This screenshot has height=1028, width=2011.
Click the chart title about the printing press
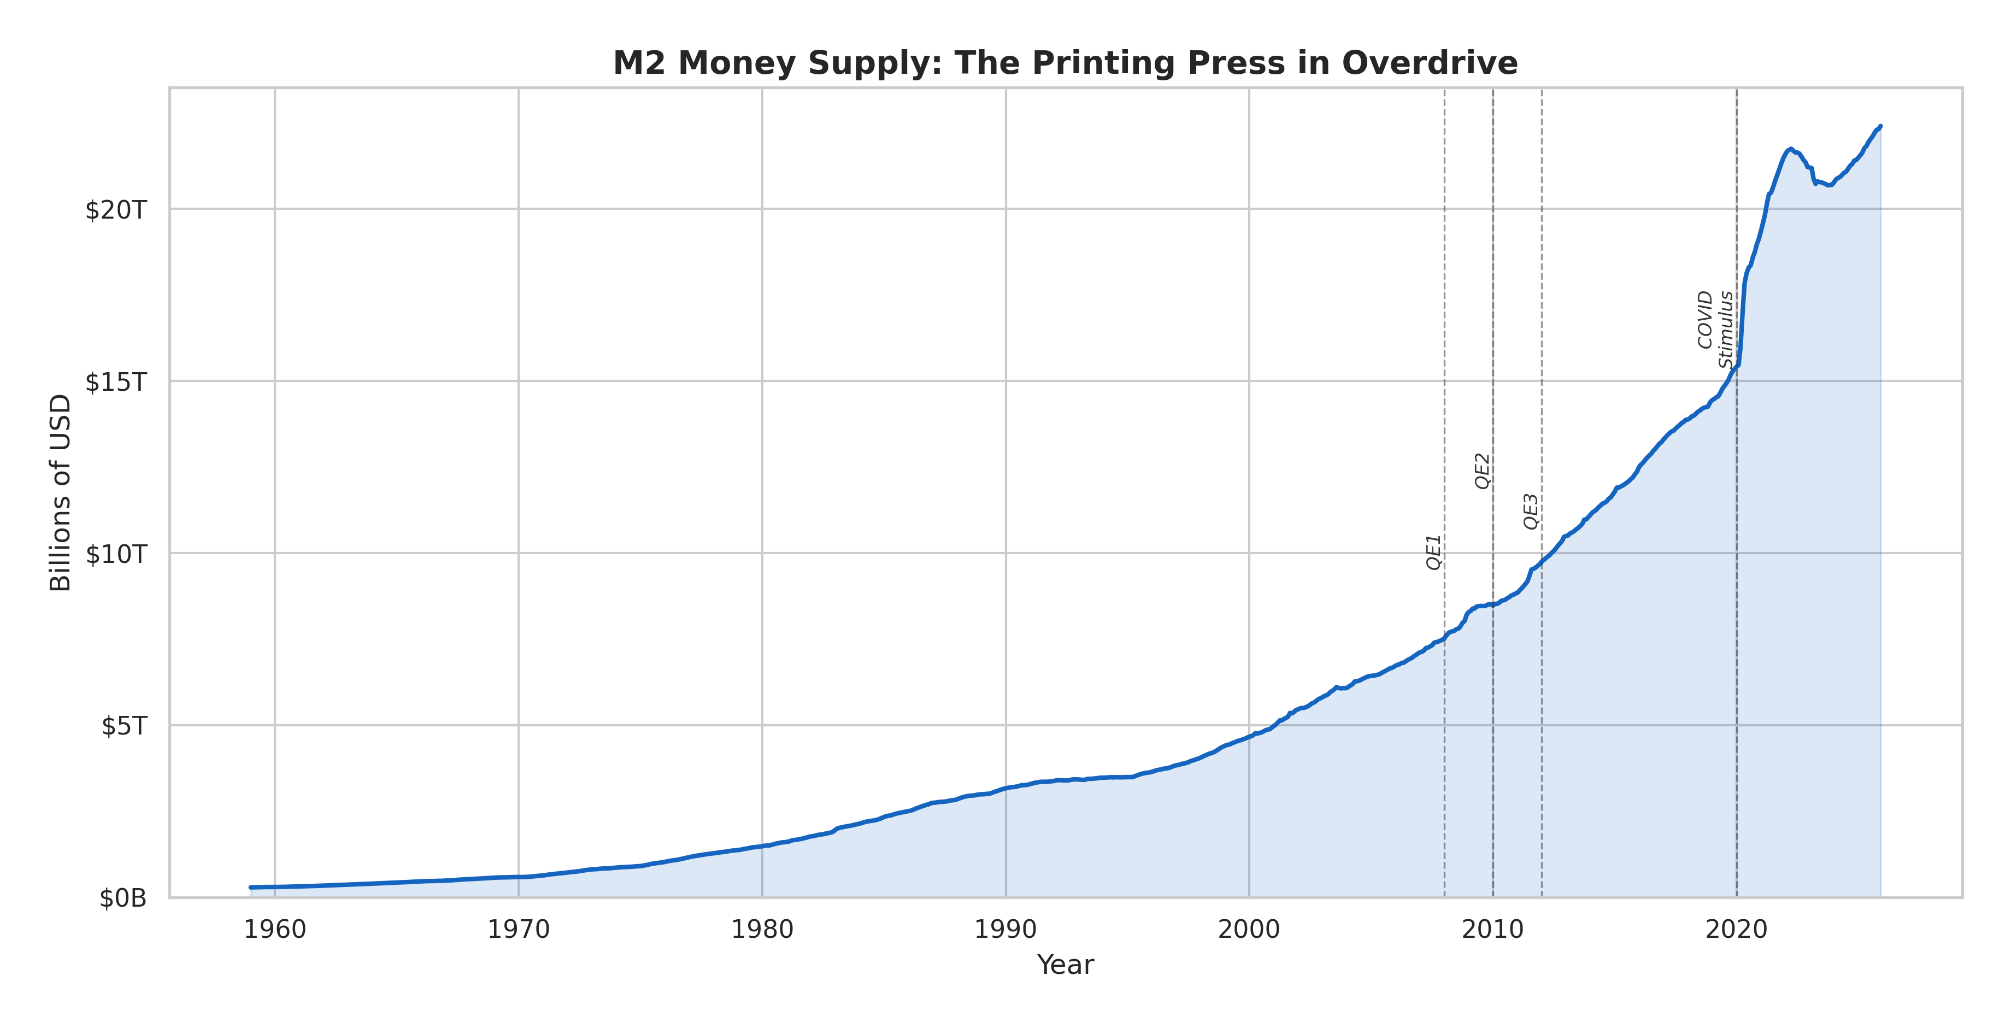(x=1065, y=63)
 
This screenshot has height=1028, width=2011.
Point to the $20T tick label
(x=115, y=210)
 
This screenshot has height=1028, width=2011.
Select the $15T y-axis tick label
(x=115, y=381)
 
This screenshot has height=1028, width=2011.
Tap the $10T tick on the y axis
(x=115, y=554)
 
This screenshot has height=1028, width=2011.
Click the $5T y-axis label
(x=124, y=726)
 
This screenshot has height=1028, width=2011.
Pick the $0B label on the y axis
(x=122, y=898)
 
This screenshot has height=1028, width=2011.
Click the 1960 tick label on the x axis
(x=275, y=930)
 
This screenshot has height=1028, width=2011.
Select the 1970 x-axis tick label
(x=519, y=930)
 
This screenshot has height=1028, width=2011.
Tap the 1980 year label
(x=762, y=930)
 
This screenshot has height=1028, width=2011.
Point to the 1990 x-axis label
(x=1005, y=930)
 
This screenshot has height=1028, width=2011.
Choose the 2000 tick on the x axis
(x=1249, y=930)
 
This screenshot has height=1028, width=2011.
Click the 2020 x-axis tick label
(x=1736, y=930)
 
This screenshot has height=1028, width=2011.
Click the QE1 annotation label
(x=1433, y=552)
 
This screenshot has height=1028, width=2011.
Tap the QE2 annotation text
(x=1481, y=471)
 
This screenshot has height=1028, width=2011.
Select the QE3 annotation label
(x=1531, y=512)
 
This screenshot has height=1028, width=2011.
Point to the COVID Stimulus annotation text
(x=1715, y=328)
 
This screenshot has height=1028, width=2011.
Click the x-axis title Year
(x=1065, y=965)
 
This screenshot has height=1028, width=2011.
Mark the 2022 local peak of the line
(x=1791, y=148)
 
